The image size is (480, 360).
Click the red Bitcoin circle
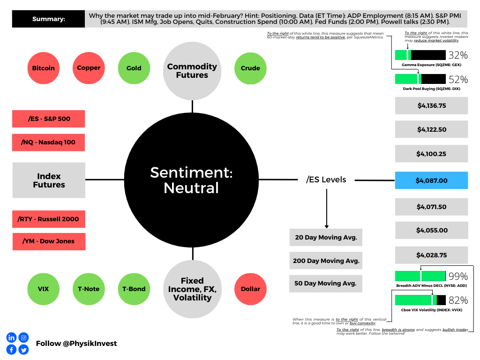click(x=44, y=68)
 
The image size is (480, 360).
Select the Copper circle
click(x=89, y=68)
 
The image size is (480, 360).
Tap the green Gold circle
click(x=134, y=68)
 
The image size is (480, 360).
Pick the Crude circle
click(x=250, y=68)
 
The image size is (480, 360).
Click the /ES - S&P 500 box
click(x=49, y=119)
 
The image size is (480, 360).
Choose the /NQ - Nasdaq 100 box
click(x=48, y=142)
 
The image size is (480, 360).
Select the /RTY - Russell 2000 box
click(x=49, y=219)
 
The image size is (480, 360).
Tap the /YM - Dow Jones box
click(x=49, y=241)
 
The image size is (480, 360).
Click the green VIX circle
click(x=44, y=289)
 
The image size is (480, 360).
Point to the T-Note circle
click(x=89, y=289)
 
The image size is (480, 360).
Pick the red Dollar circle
click(x=250, y=289)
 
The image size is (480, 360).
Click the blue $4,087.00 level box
click(x=431, y=180)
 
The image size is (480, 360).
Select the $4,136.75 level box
click(x=431, y=105)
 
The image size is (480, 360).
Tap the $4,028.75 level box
click(x=431, y=255)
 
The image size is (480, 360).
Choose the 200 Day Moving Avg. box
click(x=326, y=261)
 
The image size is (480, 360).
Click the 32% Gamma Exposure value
click(x=458, y=55)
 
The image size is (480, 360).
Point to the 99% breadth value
click(x=458, y=276)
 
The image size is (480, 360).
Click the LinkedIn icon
click(x=11, y=337)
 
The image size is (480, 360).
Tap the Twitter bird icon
click(x=23, y=350)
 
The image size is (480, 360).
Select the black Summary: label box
click(x=48, y=19)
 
